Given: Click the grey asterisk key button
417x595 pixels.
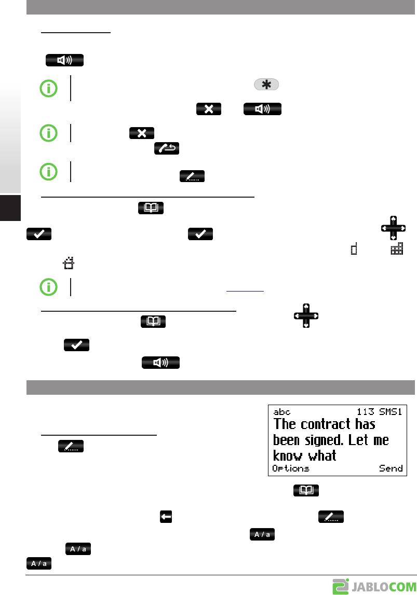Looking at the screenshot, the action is pyautogui.click(x=266, y=85).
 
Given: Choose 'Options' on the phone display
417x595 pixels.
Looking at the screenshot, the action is pyautogui.click(x=291, y=468).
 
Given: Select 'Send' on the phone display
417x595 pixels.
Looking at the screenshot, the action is pyautogui.click(x=391, y=468).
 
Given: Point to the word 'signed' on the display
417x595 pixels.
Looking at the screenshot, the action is pyautogui.click(x=325, y=440).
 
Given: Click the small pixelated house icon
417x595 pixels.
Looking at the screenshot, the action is pyautogui.click(x=68, y=265).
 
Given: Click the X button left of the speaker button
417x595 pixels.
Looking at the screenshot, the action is pyautogui.click(x=209, y=109).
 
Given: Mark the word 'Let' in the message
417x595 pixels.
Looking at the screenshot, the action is pyautogui.click(x=360, y=440).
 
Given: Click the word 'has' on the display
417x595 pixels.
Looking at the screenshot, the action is pyautogui.click(x=365, y=424).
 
